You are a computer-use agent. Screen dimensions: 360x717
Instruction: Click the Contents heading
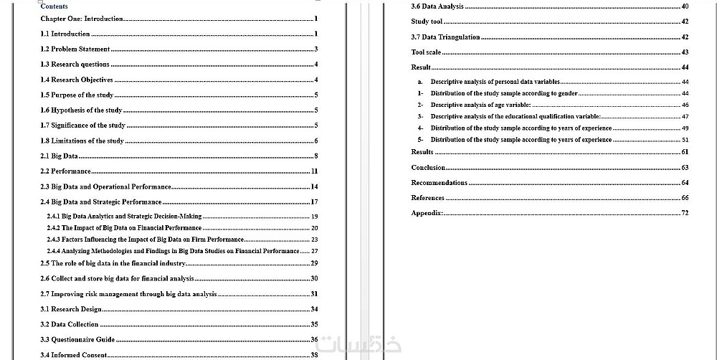pos(54,6)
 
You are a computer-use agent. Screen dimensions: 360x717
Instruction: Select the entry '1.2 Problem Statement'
pos(75,49)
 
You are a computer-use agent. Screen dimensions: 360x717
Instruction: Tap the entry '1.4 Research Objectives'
pos(77,80)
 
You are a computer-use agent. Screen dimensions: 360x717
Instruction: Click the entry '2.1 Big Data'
pos(60,156)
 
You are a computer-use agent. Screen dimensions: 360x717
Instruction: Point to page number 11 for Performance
pos(314,171)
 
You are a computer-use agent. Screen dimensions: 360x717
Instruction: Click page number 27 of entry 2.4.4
pos(314,251)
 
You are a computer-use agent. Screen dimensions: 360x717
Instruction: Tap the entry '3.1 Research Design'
pos(70,309)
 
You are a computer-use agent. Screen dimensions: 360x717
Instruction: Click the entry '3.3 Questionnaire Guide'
pos(77,339)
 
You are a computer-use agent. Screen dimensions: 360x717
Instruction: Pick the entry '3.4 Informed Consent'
pos(74,355)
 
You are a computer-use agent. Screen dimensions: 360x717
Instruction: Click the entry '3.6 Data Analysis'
pos(437,6)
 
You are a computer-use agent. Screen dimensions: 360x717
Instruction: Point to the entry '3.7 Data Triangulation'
pos(445,37)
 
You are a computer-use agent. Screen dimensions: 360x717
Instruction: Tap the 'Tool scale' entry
pos(426,52)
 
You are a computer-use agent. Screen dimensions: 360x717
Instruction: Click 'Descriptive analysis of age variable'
pos(480,105)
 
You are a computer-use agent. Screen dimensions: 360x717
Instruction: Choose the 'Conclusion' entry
pos(428,168)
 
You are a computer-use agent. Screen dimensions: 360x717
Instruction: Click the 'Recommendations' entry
pos(439,183)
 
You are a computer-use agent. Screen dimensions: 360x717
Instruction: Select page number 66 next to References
pos(685,198)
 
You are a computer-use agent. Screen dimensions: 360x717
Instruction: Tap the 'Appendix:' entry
pos(427,213)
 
